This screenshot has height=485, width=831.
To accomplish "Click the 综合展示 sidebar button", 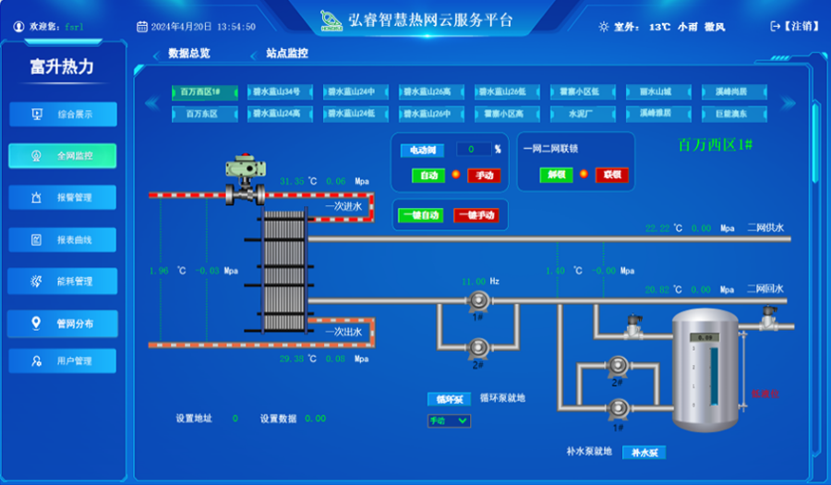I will tap(63, 115).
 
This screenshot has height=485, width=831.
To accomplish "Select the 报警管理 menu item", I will tap(63, 198).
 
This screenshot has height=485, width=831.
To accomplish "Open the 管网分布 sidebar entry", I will tap(63, 323).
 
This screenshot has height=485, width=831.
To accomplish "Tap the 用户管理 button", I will tap(63, 361).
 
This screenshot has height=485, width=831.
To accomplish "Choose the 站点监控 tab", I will tap(287, 54).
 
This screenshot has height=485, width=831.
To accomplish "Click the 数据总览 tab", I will tap(189, 54).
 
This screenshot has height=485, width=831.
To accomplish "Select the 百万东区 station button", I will tap(199, 114).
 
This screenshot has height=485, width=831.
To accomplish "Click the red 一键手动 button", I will tap(476, 215).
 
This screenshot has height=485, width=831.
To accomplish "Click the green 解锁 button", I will tap(556, 175).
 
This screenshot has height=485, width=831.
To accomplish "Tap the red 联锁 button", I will tap(611, 175).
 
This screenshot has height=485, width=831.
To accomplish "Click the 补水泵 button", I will tap(644, 453).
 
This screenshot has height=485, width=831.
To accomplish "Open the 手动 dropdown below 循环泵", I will tap(449, 421).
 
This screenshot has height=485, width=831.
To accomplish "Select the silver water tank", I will tap(705, 370).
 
